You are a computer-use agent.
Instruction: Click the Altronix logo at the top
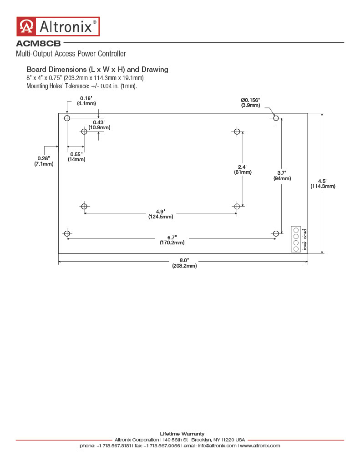point(58,26)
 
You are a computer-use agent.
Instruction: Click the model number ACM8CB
point(38,43)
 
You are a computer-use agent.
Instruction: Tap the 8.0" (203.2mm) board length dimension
point(184,263)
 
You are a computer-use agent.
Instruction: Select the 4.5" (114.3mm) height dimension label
point(323,184)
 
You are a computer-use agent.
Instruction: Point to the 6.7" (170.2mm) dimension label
point(172,240)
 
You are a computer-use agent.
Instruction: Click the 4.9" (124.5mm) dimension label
point(161,214)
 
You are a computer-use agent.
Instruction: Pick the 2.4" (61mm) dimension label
point(243,169)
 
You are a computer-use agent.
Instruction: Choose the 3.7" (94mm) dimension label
point(282,176)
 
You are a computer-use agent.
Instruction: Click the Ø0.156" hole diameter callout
point(251,102)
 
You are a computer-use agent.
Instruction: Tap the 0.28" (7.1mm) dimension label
point(44,161)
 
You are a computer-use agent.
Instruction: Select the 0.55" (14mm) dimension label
point(76,157)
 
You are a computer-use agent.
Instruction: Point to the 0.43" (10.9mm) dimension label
point(99,125)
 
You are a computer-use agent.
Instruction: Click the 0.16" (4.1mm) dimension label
point(86,101)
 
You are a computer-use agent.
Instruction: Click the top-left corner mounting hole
point(67,118)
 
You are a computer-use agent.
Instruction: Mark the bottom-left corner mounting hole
point(67,233)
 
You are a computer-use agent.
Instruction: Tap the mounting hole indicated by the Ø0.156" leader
point(276,118)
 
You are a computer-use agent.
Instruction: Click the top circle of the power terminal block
point(296,230)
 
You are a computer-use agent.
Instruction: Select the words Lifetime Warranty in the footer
point(182,434)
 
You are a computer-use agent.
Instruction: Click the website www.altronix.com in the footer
point(260,446)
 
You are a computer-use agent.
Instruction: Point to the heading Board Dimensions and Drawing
point(97,70)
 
